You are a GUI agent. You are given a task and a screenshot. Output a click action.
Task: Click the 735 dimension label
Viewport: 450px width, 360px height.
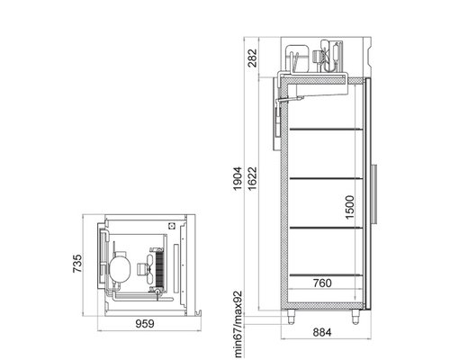tap(77, 264)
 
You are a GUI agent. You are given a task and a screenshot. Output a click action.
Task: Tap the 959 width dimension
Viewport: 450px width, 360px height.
tap(145, 324)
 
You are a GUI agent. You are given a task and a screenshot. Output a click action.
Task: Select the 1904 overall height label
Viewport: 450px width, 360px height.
tap(238, 178)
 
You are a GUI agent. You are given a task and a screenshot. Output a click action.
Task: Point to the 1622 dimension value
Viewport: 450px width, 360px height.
tap(253, 178)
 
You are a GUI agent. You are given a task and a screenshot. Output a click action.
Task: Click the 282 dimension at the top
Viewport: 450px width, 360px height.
tap(253, 58)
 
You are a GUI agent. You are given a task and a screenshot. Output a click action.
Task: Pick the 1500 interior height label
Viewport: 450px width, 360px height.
tap(350, 207)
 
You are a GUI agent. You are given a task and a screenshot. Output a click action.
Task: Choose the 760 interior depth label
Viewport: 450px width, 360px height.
tap(322, 283)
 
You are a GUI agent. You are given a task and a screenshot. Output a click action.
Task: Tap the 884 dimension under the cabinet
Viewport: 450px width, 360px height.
tap(322, 332)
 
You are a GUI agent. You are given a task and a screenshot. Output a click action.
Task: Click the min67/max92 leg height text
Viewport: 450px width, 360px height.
tap(238, 324)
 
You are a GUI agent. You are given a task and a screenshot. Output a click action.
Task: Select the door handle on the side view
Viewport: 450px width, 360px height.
tap(374, 194)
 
